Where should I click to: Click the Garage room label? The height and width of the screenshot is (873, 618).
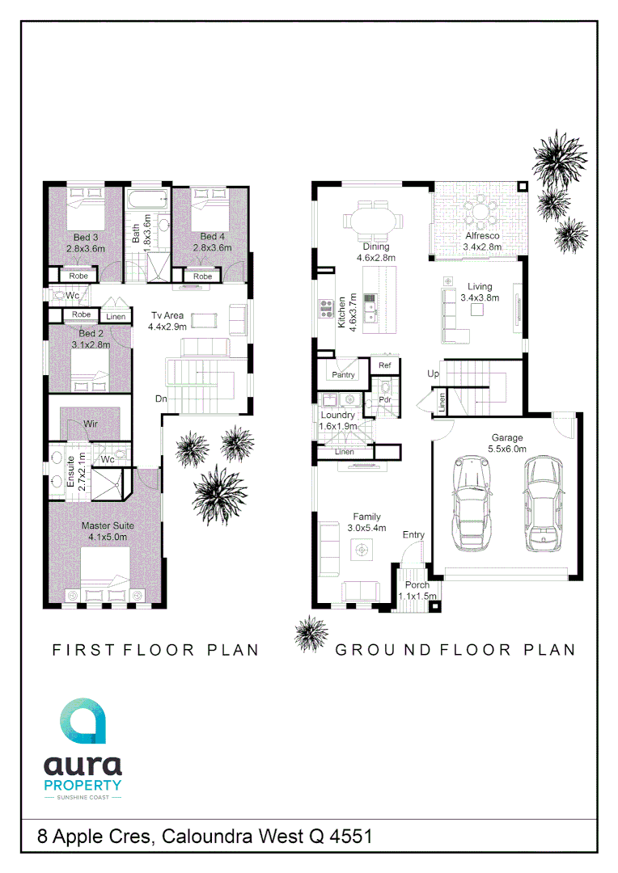pos(507,438)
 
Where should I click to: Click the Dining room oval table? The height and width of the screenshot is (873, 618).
pos(372,219)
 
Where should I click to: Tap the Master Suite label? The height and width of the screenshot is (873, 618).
pos(108,525)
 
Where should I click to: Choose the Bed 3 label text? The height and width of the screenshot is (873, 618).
pos(86,238)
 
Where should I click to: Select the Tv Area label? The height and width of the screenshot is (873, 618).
pos(167,315)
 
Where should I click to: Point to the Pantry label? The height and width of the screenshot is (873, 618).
pos(344,375)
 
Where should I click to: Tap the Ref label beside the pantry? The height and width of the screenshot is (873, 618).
pos(385,366)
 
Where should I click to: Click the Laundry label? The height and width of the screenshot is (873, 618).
pos(337,415)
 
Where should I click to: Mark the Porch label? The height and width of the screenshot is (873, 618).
pos(417,585)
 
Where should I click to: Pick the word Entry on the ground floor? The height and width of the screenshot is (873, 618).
pos(413,535)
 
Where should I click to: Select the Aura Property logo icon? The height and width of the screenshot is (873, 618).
pos(82,722)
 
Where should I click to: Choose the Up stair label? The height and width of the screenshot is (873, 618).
pos(434,374)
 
